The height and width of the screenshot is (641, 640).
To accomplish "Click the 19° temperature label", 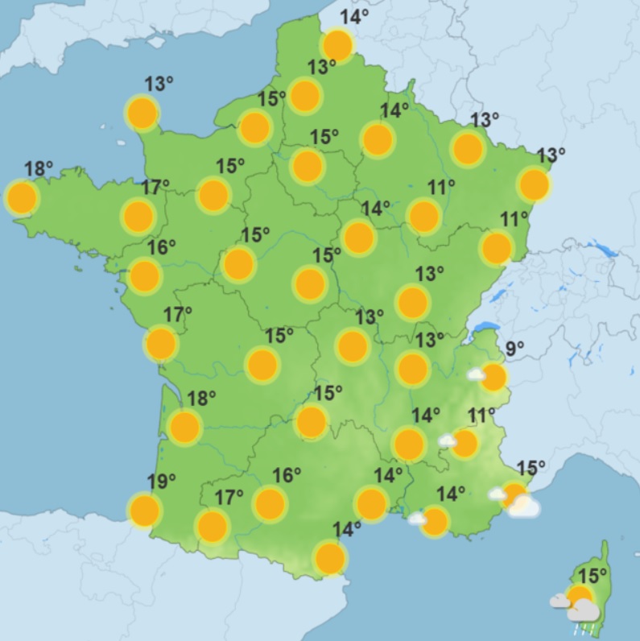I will [x=161, y=482].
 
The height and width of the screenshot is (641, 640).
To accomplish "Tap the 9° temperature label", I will [x=514, y=349].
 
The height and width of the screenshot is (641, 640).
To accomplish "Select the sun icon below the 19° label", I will [x=145, y=511].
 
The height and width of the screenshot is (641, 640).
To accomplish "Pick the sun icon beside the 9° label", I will [x=493, y=377].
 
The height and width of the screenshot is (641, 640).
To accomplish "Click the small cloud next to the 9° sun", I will [x=476, y=374].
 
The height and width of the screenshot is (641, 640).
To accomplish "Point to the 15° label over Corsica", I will [x=593, y=576].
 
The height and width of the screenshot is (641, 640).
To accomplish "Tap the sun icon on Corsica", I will [x=579, y=598].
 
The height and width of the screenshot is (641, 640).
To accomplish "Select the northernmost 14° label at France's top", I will [x=353, y=17].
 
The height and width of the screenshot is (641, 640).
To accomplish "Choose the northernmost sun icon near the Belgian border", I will [x=337, y=45].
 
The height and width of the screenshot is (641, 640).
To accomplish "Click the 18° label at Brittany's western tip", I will [x=39, y=169].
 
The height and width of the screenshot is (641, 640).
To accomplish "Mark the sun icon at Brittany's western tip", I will [x=22, y=197].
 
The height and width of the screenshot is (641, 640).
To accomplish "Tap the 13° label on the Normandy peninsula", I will [x=159, y=84].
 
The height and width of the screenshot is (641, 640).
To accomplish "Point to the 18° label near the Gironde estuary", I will [x=201, y=398].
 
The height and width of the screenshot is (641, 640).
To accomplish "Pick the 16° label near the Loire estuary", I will [x=161, y=247].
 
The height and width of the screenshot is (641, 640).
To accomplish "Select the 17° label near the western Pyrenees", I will [x=229, y=498].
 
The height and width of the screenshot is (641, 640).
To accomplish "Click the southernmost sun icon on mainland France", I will [x=330, y=557].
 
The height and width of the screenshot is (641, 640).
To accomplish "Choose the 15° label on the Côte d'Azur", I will [x=531, y=467].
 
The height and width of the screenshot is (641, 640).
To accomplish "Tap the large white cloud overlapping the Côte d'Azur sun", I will [x=525, y=507].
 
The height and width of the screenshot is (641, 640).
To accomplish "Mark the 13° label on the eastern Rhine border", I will [x=551, y=155].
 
